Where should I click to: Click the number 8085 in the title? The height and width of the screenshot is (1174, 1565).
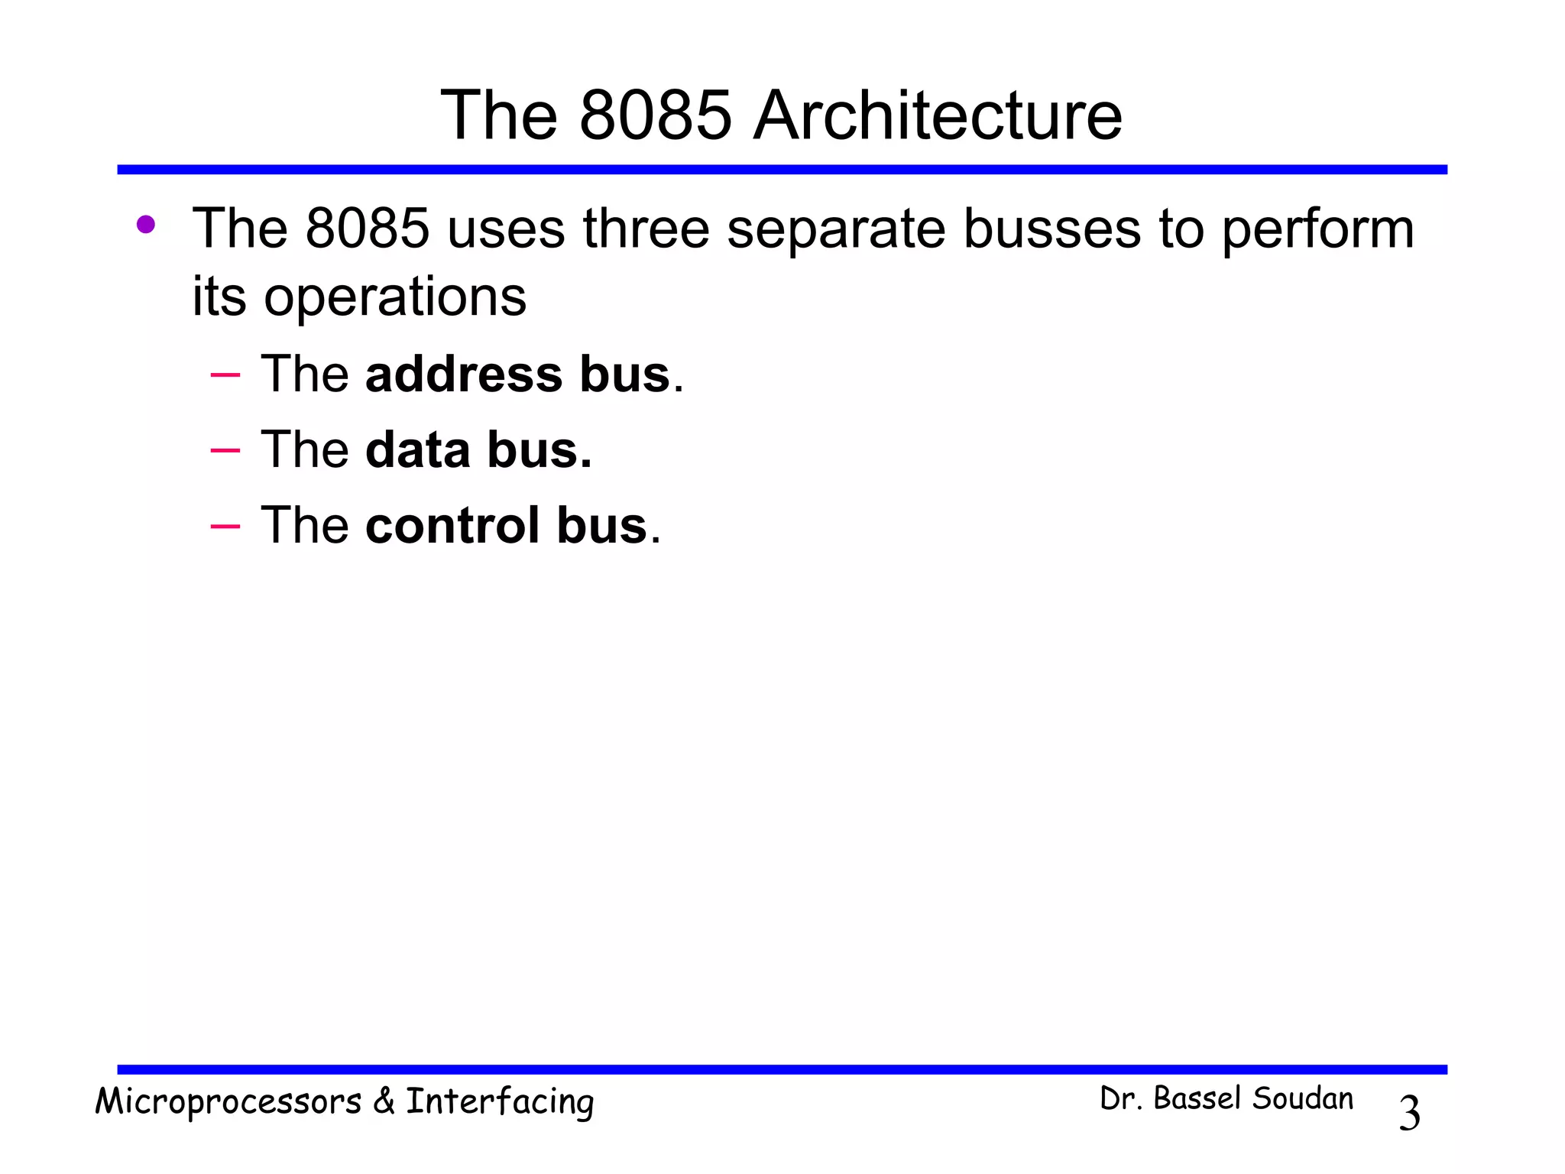(656, 116)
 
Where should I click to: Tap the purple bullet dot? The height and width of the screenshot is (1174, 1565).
(145, 225)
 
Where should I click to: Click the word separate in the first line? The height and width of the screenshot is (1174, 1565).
(836, 230)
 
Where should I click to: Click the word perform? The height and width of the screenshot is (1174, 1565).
(1317, 230)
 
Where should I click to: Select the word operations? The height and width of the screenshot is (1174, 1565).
(395, 297)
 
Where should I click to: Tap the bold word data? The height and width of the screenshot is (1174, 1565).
(417, 450)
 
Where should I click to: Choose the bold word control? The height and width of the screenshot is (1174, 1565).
(452, 526)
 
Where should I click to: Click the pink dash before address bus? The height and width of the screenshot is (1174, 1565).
(225, 375)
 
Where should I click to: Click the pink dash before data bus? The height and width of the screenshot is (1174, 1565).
(225, 451)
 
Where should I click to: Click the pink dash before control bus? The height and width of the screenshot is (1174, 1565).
(225, 527)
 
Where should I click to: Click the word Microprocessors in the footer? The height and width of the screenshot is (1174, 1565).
(228, 1102)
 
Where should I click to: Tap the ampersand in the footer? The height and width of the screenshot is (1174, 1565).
(384, 1101)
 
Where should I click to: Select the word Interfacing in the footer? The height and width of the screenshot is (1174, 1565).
(500, 1102)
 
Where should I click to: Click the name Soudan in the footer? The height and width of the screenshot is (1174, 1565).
(1303, 1099)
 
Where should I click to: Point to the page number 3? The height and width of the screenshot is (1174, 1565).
(1409, 1113)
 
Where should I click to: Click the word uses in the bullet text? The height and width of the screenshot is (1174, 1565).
(505, 229)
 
